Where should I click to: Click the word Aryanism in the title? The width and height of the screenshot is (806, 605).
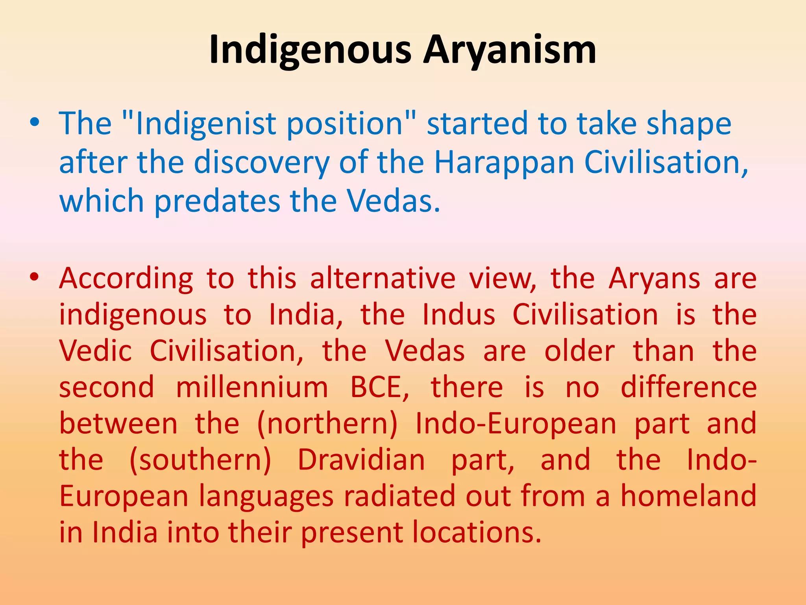(x=510, y=50)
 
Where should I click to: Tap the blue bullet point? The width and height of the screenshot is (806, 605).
(x=35, y=122)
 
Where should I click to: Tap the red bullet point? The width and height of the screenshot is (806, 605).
(x=35, y=277)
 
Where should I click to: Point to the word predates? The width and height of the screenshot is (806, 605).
(x=217, y=201)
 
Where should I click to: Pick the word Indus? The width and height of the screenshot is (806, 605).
(x=458, y=315)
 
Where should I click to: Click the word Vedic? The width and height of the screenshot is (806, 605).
(x=95, y=351)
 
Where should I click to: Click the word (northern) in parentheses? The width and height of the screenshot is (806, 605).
(x=327, y=424)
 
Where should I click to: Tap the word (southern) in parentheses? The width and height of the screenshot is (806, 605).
(x=200, y=460)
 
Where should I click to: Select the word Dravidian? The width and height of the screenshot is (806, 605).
(x=361, y=460)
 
